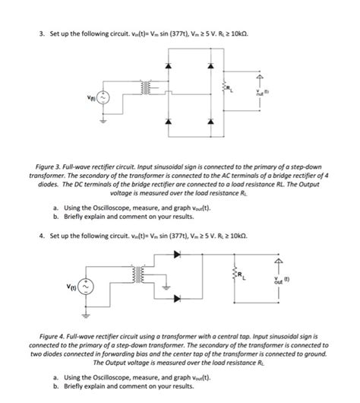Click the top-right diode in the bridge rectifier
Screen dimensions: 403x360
[x=209, y=66]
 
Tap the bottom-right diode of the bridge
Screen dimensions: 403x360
[x=209, y=121]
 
